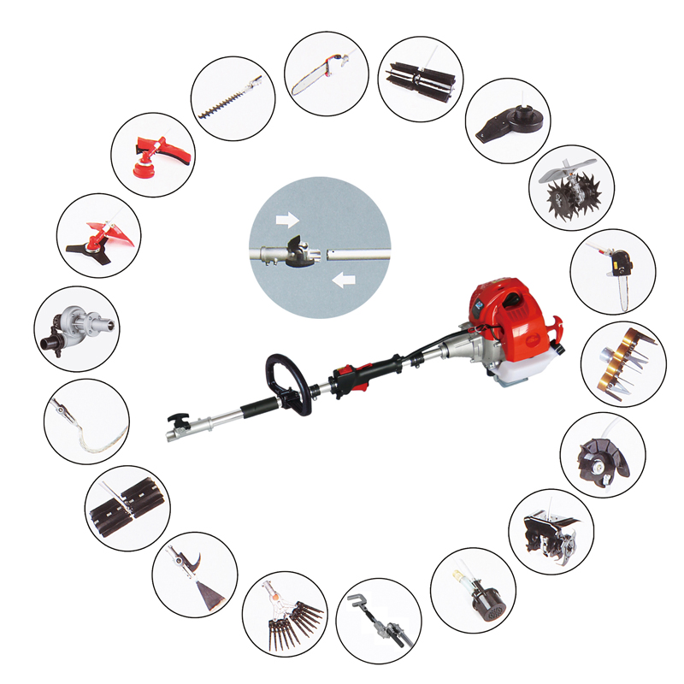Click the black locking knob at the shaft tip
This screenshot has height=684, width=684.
pos(178,422)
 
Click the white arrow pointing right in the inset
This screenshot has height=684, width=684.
pos(283,220)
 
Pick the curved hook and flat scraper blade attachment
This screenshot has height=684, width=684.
pos(194,574)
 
